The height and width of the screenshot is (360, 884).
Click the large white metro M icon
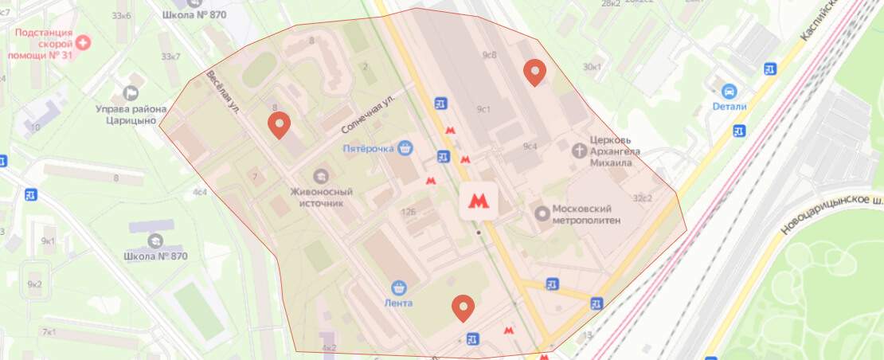pyautogui.click(x=478, y=202)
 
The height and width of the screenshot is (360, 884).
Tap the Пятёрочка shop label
pyautogui.click(x=369, y=148)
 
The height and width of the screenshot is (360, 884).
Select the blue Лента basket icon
pyautogui.click(x=399, y=288)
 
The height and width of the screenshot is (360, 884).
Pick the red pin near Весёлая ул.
pyautogui.click(x=278, y=125)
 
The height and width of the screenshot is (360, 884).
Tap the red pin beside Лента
pyautogui.click(x=463, y=307)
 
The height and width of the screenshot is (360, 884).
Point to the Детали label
pyautogui.click(x=730, y=107)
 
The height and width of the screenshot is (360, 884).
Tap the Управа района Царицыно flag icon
pyautogui.click(x=131, y=94)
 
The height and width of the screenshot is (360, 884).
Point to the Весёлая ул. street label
pyautogui.click(x=223, y=95)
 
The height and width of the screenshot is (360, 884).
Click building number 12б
pyautogui.click(x=409, y=212)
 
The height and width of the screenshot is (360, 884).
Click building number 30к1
pyautogui.click(x=593, y=67)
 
